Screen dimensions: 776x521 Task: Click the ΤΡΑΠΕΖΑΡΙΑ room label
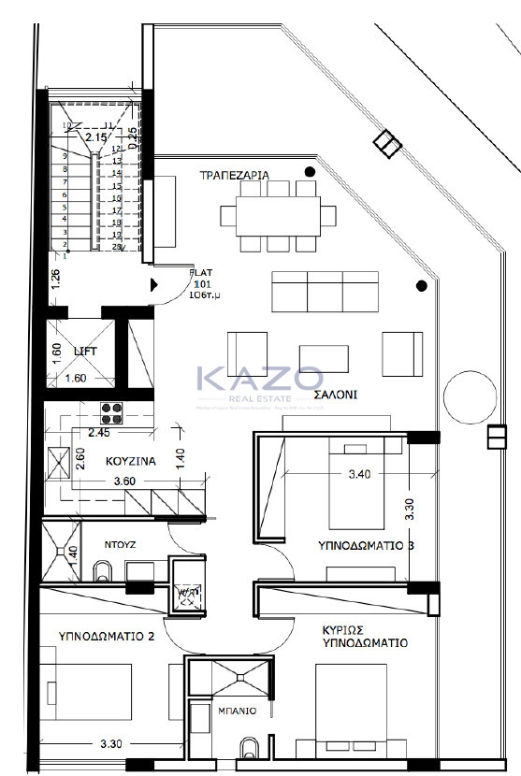click(235, 175)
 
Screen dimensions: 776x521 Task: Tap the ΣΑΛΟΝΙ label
click(335, 395)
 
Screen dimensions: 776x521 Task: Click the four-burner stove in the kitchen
click(113, 412)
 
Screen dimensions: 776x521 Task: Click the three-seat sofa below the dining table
click(325, 291)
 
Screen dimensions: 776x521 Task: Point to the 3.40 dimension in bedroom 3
click(360, 475)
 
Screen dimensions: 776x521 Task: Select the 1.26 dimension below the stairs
click(55, 279)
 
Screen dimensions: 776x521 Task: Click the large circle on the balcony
click(468, 397)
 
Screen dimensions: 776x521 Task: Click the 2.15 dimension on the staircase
click(95, 138)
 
